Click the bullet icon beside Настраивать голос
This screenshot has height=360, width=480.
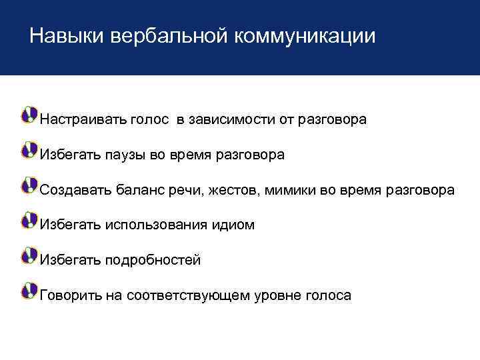[29, 115]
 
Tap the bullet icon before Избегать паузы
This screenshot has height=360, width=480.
[29, 149]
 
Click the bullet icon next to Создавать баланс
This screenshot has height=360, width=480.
[29, 185]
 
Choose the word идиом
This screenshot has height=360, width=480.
[233, 225]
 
